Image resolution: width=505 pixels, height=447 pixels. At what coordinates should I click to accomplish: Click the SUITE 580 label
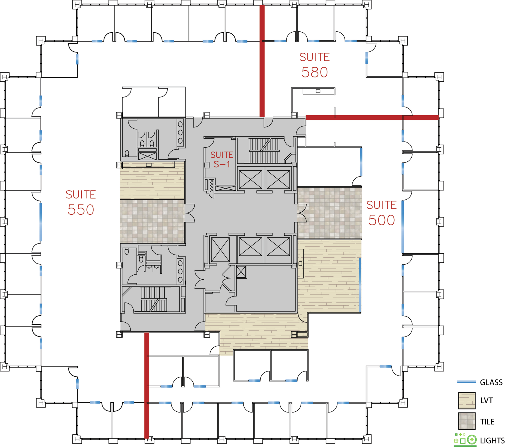(x=314, y=65)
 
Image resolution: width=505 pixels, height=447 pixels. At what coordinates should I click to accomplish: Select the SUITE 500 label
(x=382, y=213)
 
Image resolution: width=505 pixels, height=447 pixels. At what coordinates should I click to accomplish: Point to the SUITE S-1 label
(x=222, y=159)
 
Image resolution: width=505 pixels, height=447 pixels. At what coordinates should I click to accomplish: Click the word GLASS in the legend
(x=491, y=382)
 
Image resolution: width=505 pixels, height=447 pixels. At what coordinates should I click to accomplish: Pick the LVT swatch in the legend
(x=467, y=400)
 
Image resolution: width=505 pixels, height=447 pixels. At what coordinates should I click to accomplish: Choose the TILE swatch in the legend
(x=467, y=421)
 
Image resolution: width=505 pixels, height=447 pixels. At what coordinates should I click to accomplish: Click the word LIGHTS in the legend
(x=492, y=441)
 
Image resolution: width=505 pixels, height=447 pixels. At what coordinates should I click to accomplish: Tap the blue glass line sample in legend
(x=467, y=382)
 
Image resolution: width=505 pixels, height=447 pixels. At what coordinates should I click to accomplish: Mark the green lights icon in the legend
(x=465, y=440)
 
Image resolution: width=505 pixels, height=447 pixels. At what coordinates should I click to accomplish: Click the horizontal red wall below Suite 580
(x=372, y=118)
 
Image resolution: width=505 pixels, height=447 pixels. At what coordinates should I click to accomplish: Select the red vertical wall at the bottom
(x=147, y=385)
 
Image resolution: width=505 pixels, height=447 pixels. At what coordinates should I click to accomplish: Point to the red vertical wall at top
(x=262, y=61)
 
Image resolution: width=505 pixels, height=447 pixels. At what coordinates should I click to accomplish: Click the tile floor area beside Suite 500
(x=330, y=213)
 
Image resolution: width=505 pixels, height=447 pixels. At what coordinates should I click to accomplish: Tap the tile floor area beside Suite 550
(x=152, y=221)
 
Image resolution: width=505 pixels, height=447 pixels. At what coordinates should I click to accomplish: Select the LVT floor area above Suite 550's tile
(x=152, y=180)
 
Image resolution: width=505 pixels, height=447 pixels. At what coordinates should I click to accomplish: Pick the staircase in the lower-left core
(x=153, y=299)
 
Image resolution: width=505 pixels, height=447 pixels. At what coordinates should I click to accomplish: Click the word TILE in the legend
(x=487, y=421)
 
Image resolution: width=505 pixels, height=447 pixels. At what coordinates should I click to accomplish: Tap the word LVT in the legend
(x=486, y=400)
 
